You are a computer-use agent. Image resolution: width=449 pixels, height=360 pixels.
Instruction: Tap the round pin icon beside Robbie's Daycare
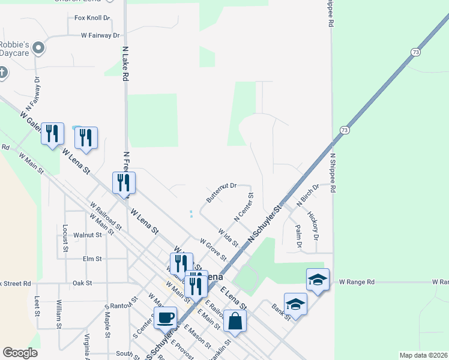[x=40, y=47]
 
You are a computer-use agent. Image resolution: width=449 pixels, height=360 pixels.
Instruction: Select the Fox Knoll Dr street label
[x=92, y=19]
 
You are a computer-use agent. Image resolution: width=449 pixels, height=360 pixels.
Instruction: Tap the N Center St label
[x=244, y=207]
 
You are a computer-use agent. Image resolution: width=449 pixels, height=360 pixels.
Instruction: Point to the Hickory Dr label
[x=312, y=223]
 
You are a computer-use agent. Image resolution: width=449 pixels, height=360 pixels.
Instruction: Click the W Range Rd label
[x=357, y=281]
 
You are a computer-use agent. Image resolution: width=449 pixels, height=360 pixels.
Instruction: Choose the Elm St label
[x=93, y=259]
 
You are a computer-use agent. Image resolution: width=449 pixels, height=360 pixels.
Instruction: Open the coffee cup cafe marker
[x=165, y=317]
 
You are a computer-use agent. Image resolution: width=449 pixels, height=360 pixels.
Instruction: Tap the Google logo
[x=19, y=353]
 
